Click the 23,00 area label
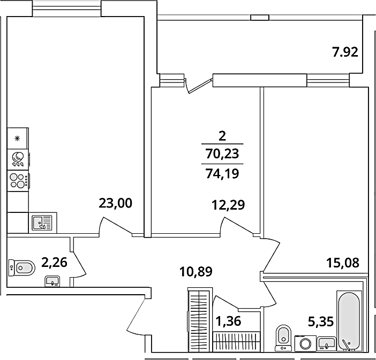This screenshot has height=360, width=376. coord(115,203)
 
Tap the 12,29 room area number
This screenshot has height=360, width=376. coord(228,205)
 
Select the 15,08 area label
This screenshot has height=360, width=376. coord(343,263)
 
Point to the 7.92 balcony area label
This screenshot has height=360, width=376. coord(345,52)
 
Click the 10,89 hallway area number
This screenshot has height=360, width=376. coord(196,272)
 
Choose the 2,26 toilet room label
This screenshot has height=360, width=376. coord(54,262)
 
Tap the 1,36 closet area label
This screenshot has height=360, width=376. coord(228,321)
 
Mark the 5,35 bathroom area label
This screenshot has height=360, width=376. coord(321,321)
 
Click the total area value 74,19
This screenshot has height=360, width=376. coord(222,174)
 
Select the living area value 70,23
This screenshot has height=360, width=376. coord(222,154)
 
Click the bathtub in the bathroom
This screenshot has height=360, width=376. coord(349,321)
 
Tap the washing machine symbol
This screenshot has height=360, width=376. coord(305,343)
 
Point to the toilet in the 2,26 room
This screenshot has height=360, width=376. coord(21,267)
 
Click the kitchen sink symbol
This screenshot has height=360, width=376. coord(42,223)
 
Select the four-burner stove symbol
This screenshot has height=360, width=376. coord(18,181)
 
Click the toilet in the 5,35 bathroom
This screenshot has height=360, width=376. coord(284,337)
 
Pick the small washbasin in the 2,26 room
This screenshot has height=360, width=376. coord(52,281)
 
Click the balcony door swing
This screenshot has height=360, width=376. coord(198,85)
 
